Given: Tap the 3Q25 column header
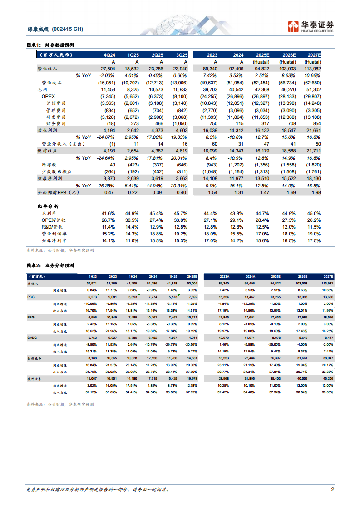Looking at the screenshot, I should click(181, 55).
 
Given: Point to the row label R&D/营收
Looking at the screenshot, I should click(52, 226).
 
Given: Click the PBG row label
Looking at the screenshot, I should click(30, 296).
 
